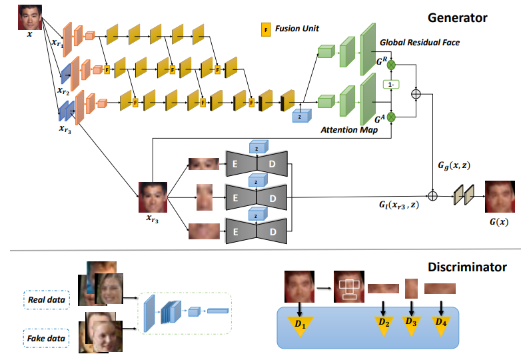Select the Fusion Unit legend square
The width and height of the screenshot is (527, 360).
[x=266, y=29]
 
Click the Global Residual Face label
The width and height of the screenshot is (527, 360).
[x=420, y=43]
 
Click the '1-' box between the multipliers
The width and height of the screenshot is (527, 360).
[x=391, y=85]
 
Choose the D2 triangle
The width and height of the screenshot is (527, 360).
[x=384, y=323]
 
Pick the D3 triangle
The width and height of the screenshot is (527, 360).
[x=412, y=323]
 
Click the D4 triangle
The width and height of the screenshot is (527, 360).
[x=441, y=323]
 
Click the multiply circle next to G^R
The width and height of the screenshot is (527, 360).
[x=391, y=65]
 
